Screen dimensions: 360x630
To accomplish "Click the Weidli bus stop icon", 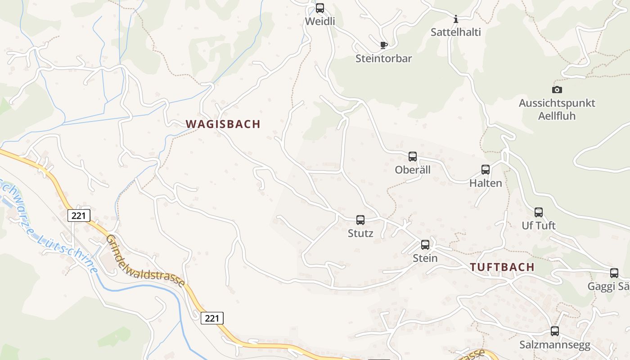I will [320, 8].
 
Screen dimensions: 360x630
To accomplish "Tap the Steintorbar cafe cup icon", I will [383, 45].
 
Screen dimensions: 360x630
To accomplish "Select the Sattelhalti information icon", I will [456, 19].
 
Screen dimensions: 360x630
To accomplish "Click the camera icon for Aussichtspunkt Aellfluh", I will [557, 90].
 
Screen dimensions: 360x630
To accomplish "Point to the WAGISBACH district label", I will [223, 124].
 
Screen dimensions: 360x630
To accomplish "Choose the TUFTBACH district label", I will [502, 267].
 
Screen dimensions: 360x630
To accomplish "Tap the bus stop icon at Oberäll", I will [413, 157].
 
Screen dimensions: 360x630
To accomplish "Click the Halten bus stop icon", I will [486, 170].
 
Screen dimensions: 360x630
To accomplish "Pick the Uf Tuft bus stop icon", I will [539, 212].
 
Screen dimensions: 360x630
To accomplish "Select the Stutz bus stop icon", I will [360, 220].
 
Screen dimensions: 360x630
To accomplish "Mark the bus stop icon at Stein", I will [425, 245].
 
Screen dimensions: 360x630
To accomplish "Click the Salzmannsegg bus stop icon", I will [555, 331].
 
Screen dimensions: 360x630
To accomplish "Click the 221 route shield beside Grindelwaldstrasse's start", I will [79, 216].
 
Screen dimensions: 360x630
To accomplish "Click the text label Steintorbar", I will [383, 58].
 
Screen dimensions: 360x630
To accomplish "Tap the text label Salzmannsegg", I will [554, 345].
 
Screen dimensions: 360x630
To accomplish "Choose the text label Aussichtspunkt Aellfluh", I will [557, 109].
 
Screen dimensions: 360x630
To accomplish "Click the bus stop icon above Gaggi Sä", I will [614, 273].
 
